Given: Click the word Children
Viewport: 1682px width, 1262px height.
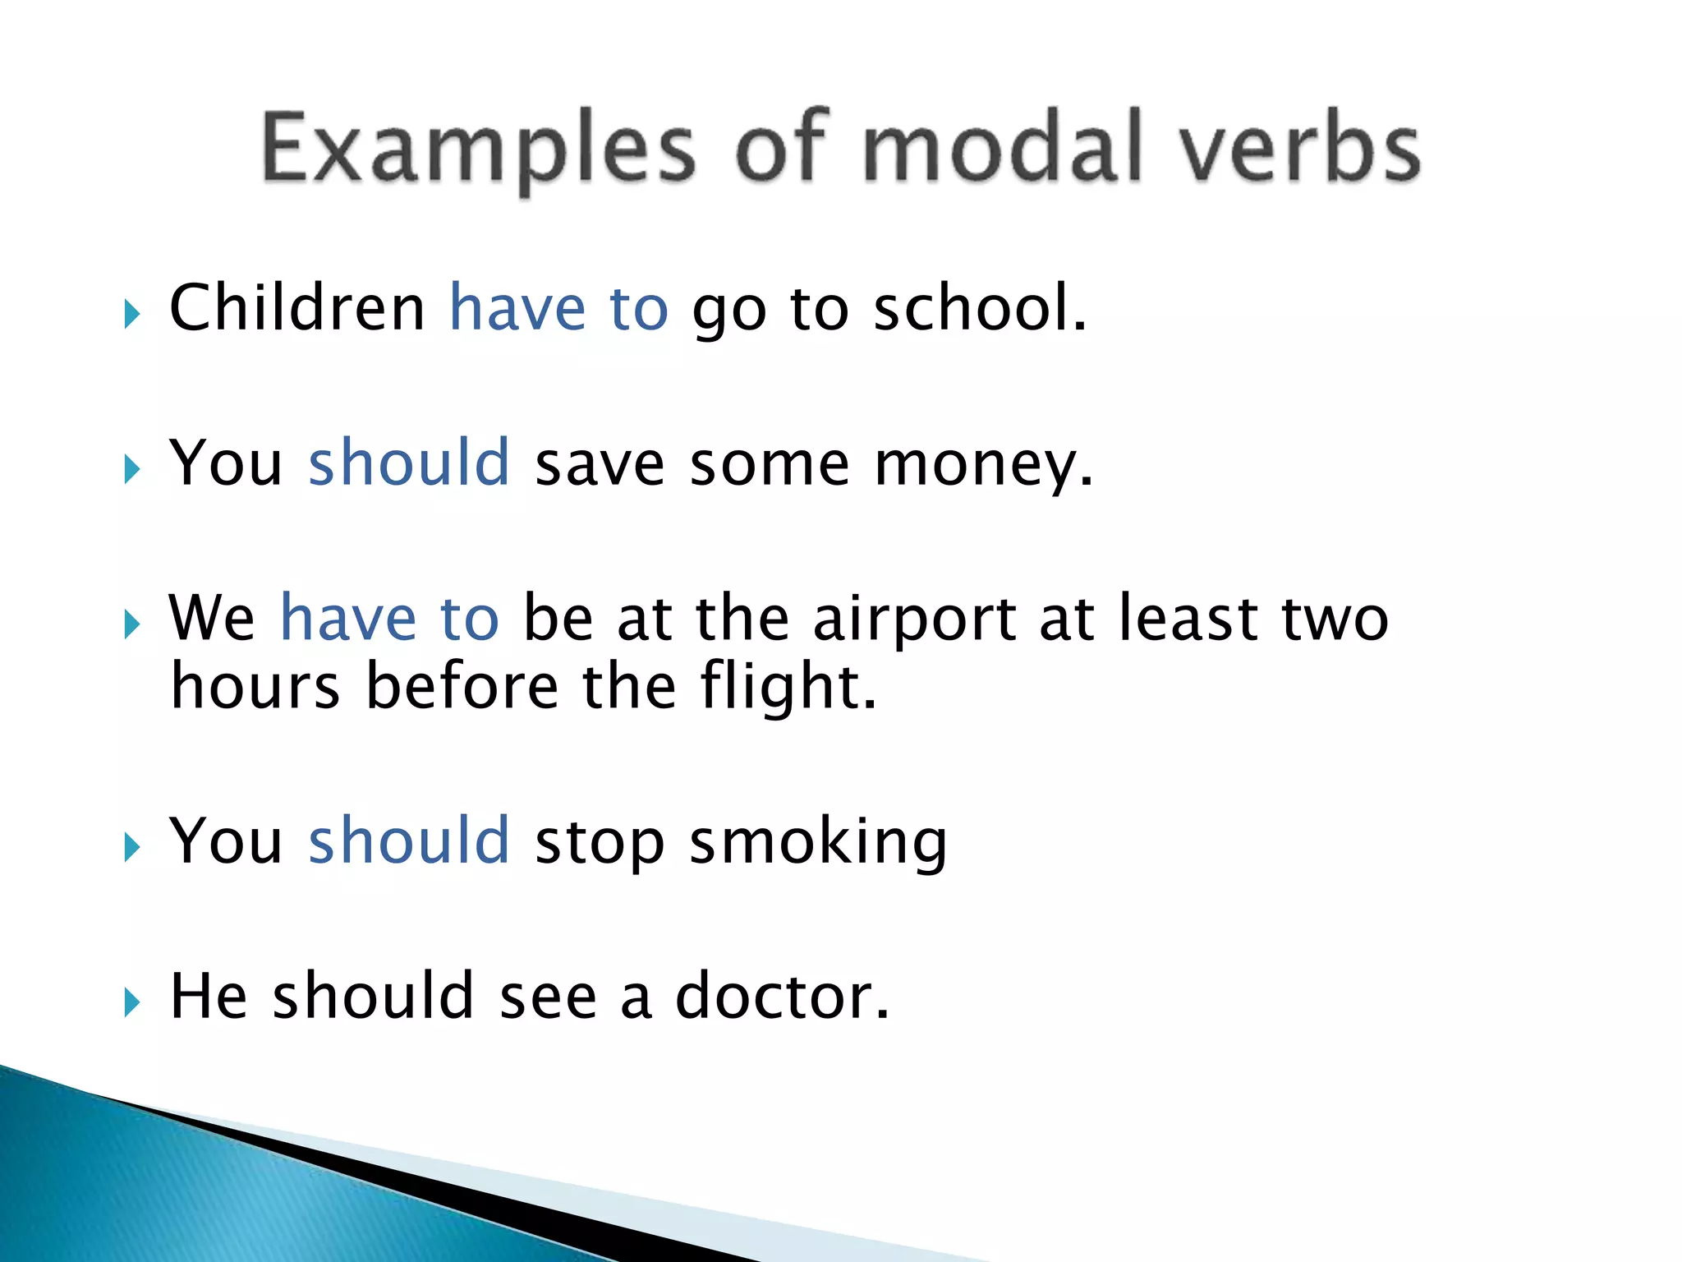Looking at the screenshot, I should (x=296, y=308).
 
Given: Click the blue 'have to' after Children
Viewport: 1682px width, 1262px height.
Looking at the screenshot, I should (x=558, y=308).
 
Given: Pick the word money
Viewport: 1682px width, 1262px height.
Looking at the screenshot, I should (x=982, y=465).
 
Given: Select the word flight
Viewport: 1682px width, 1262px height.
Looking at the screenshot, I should (x=788, y=687).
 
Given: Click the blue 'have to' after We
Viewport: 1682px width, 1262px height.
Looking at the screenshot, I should (x=389, y=618).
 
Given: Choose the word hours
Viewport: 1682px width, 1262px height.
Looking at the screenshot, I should (x=255, y=687).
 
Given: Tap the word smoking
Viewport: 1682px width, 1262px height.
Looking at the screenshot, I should (x=818, y=843).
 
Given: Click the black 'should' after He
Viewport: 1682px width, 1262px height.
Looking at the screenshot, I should (x=374, y=997).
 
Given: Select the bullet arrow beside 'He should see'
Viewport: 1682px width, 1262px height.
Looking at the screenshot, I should (x=132, y=1003).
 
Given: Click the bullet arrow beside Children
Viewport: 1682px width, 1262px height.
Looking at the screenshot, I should (x=132, y=315).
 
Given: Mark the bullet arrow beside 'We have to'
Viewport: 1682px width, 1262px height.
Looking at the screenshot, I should (x=132, y=625).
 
